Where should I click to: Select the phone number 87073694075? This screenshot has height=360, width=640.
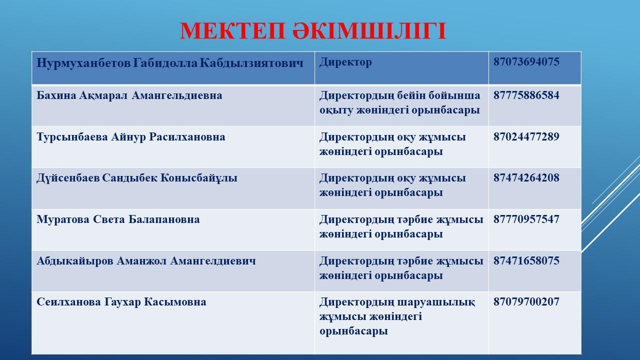click(526, 62)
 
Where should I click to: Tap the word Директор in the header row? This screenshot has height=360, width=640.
click(345, 62)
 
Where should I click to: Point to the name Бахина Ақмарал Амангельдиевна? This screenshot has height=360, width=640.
click(129, 95)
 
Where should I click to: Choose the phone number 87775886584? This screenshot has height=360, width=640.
click(526, 95)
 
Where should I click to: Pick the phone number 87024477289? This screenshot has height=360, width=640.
click(526, 137)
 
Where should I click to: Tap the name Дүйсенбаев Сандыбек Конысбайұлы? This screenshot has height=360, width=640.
click(137, 178)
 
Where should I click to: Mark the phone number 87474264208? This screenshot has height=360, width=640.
click(526, 178)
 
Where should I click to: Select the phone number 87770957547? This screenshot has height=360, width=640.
click(526, 219)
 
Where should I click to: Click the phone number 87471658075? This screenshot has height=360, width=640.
click(526, 261)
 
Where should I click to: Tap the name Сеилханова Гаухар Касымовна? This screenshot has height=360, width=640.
click(121, 302)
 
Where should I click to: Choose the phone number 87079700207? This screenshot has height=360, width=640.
click(526, 302)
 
